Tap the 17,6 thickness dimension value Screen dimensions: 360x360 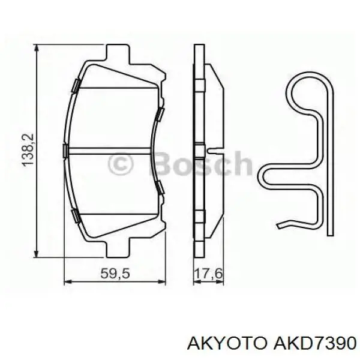click(208, 274)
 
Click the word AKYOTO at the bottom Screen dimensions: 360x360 click(223, 343)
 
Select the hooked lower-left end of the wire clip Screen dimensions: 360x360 click(283, 226)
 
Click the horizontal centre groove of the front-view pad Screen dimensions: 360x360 click(114, 150)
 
